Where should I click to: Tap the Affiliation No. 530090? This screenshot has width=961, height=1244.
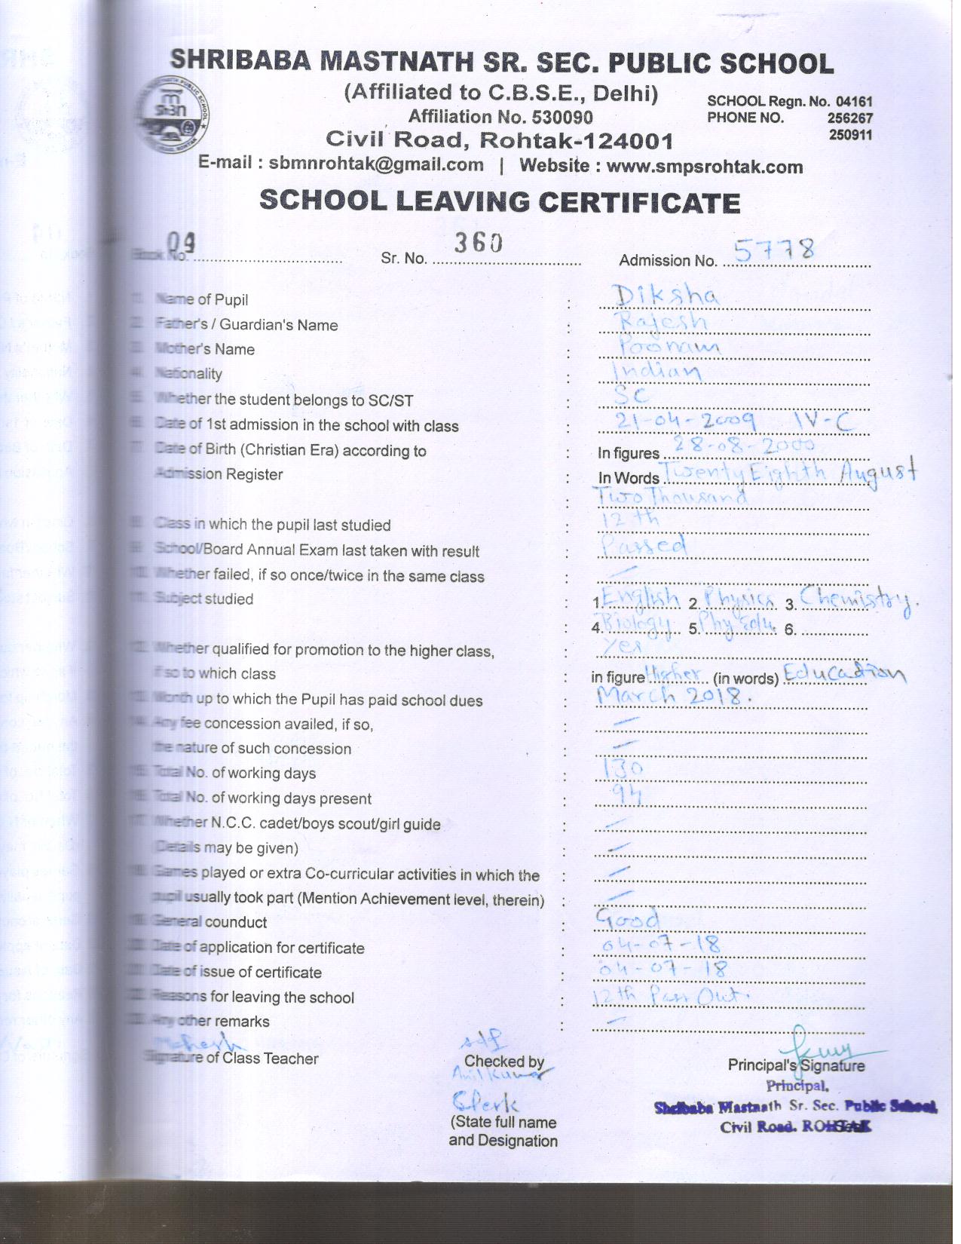[500, 117]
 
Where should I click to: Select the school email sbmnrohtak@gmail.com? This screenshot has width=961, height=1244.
[376, 164]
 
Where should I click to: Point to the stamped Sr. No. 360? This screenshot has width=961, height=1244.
[478, 243]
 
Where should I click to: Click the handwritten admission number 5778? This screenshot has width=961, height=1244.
[774, 250]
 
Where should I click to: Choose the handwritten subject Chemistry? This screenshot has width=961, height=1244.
[859, 600]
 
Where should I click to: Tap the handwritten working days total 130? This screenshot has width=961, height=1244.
[625, 768]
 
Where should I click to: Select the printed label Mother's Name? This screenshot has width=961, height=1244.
[204, 349]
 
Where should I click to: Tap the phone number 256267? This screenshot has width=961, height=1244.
[849, 118]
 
